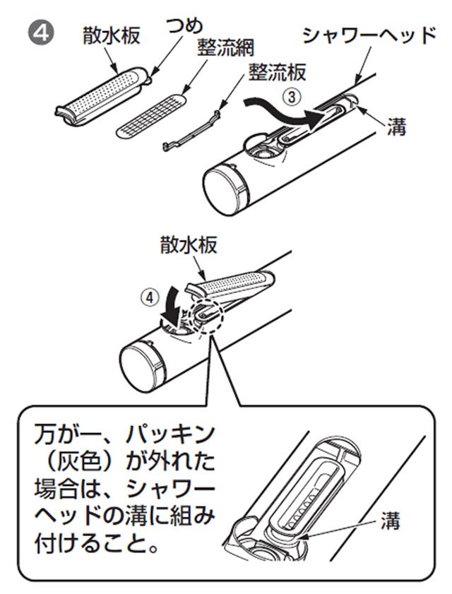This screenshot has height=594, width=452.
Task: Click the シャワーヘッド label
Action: click(x=367, y=35)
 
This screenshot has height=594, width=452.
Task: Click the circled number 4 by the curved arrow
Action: click(x=146, y=297)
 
